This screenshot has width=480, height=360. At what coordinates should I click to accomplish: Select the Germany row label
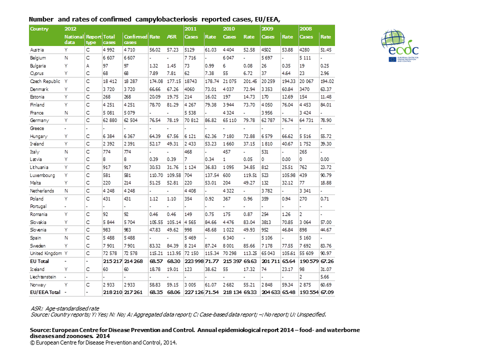[38, 120]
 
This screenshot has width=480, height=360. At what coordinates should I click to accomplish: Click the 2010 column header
[229, 29]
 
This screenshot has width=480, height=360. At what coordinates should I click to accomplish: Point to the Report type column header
[93, 39]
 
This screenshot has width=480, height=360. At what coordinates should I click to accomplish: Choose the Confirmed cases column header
[135, 39]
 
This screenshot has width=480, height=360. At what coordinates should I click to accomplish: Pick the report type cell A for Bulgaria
[87, 65]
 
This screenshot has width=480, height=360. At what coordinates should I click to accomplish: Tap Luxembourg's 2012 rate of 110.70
[156, 175]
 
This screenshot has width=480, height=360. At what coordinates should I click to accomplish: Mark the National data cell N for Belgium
[66, 57]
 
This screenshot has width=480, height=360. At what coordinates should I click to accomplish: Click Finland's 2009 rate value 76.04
[287, 104]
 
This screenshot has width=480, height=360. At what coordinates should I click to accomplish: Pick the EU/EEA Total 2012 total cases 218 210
[112, 292]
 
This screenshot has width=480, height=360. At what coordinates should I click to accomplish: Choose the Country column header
[39, 29]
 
